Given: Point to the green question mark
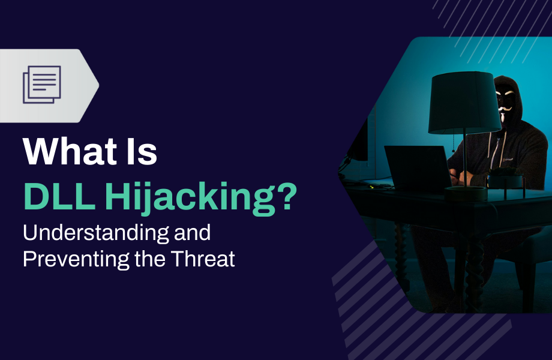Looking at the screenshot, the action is click(284, 196).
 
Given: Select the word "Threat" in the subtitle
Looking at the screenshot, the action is click(203, 259).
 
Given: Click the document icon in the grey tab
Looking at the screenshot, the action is click(42, 85).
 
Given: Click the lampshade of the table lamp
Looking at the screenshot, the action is click(460, 103).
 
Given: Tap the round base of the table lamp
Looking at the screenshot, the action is click(466, 193).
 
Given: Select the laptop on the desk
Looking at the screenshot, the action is click(418, 168).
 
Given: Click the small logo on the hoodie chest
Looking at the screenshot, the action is click(507, 160).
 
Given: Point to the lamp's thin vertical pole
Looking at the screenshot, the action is click(464, 158).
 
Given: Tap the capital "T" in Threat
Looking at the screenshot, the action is click(178, 259).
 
